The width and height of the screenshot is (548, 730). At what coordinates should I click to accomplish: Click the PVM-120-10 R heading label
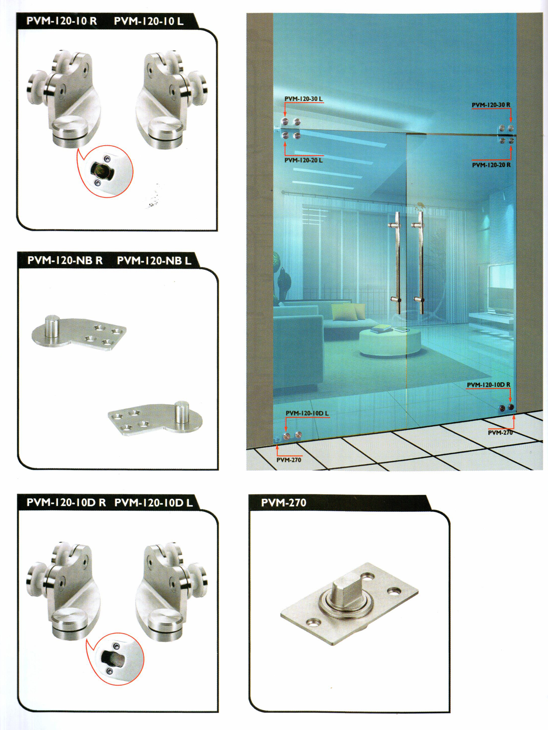click(x=62, y=21)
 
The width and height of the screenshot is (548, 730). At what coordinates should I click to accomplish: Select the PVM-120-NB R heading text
click(x=65, y=261)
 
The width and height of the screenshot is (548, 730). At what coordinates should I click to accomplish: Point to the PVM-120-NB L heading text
click(x=154, y=261)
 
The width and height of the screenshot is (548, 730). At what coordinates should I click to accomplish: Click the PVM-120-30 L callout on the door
click(x=303, y=99)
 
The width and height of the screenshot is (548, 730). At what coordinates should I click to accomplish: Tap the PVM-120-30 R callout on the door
click(x=491, y=105)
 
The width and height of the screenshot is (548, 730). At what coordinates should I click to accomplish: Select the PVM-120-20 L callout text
click(x=303, y=160)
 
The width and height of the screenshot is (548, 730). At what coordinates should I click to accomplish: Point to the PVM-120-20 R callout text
click(x=491, y=165)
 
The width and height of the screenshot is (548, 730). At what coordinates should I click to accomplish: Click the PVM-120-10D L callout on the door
click(x=307, y=413)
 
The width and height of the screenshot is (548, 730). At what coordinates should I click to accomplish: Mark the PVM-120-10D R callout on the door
click(x=489, y=385)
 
